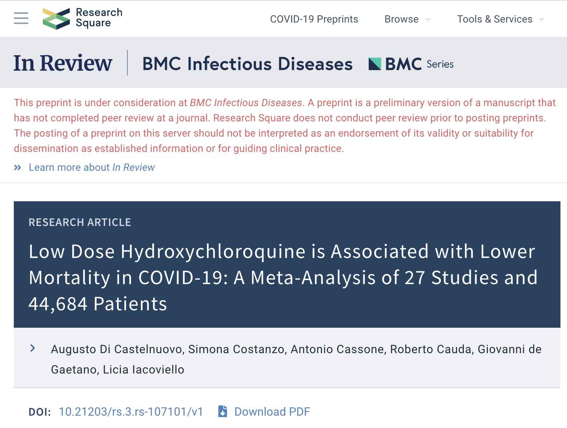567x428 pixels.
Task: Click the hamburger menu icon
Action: [21, 18]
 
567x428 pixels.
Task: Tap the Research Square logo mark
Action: [56, 19]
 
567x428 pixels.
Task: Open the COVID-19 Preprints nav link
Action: [314, 19]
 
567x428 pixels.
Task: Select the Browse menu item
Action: [401, 19]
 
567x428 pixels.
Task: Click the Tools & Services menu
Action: [495, 19]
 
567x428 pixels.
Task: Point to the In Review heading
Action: [63, 63]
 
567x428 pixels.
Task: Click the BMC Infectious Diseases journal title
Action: [248, 64]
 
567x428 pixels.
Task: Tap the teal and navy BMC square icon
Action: [375, 64]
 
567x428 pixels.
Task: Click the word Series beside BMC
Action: [440, 64]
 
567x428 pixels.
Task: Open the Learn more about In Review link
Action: [92, 167]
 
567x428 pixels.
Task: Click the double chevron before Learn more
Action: [17, 167]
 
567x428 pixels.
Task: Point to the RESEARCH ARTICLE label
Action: [80, 222]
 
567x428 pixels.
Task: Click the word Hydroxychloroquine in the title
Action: [213, 252]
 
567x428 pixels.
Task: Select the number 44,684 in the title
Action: [58, 304]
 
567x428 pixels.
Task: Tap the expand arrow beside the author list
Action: [33, 348]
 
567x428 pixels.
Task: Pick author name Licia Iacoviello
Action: [143, 370]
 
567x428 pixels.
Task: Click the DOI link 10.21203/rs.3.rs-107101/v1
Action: [131, 412]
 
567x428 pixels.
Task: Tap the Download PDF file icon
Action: [223, 411]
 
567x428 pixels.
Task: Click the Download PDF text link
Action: [272, 412]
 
